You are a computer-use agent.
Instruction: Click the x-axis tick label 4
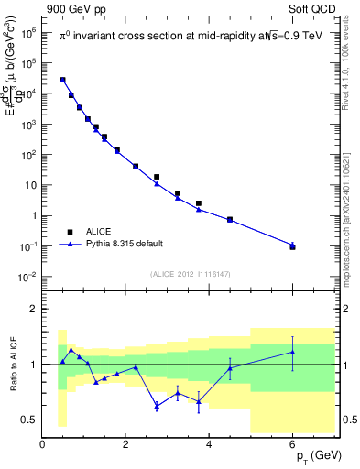click(210, 446)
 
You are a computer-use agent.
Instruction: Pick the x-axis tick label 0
click(43, 446)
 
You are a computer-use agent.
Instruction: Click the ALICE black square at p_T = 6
click(293, 246)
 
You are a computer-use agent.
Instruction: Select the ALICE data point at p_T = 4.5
click(230, 220)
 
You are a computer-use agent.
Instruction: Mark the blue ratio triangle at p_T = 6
click(293, 352)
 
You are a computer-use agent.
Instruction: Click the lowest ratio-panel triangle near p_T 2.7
click(157, 405)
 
